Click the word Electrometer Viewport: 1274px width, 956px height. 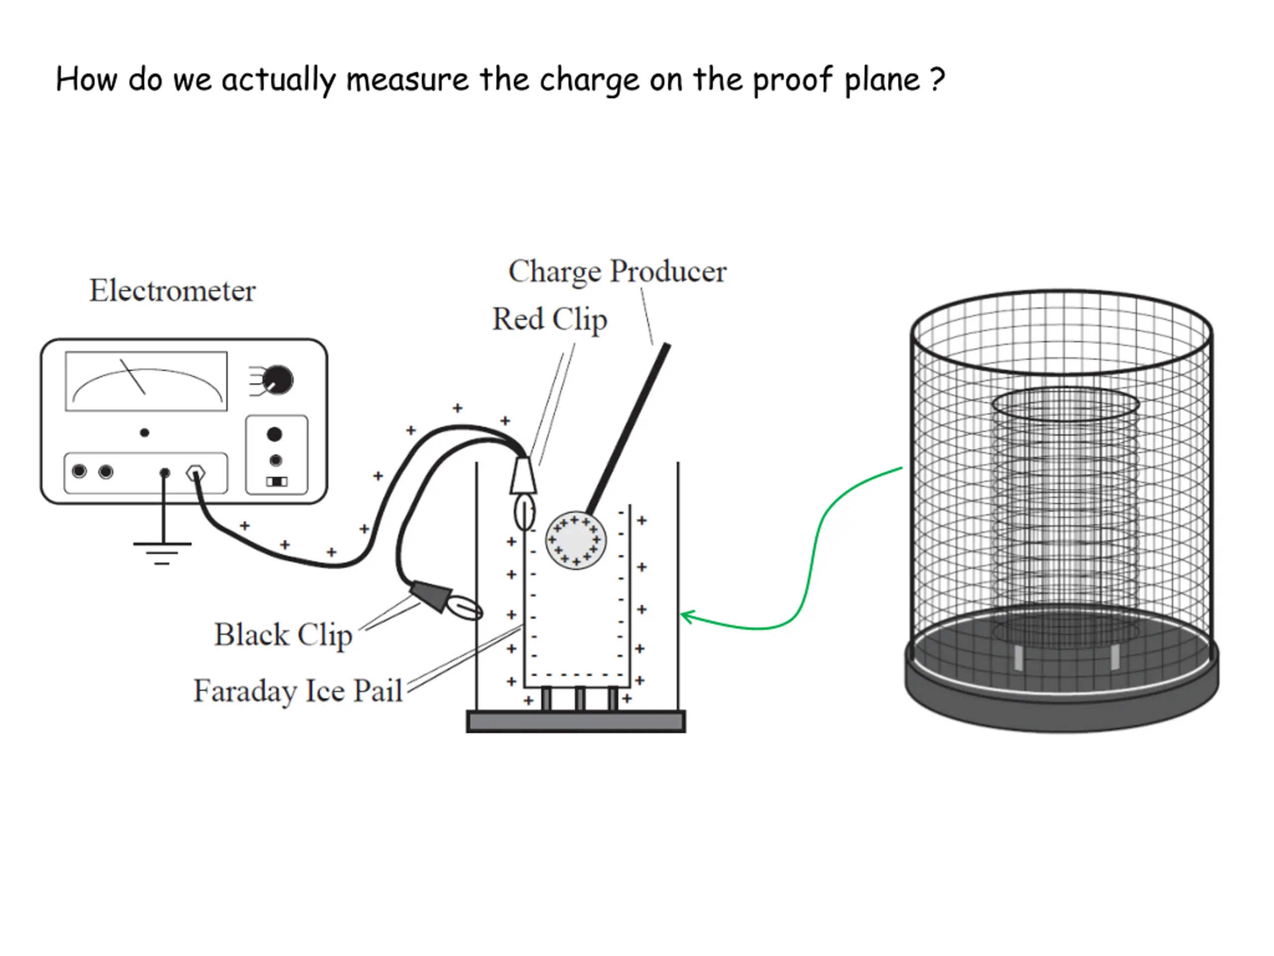(172, 290)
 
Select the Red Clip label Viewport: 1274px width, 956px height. (549, 319)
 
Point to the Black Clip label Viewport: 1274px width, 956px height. (283, 635)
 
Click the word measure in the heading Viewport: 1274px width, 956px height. (407, 80)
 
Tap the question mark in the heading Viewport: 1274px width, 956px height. (937, 80)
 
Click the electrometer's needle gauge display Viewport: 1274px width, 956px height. (146, 381)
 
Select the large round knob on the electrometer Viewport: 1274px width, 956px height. (278, 380)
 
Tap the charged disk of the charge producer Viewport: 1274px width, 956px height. (575, 540)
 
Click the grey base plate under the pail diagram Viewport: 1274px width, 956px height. (575, 721)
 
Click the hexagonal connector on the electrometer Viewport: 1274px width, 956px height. (196, 474)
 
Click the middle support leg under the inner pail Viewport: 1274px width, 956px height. (579, 699)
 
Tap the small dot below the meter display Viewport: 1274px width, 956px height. (144, 433)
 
